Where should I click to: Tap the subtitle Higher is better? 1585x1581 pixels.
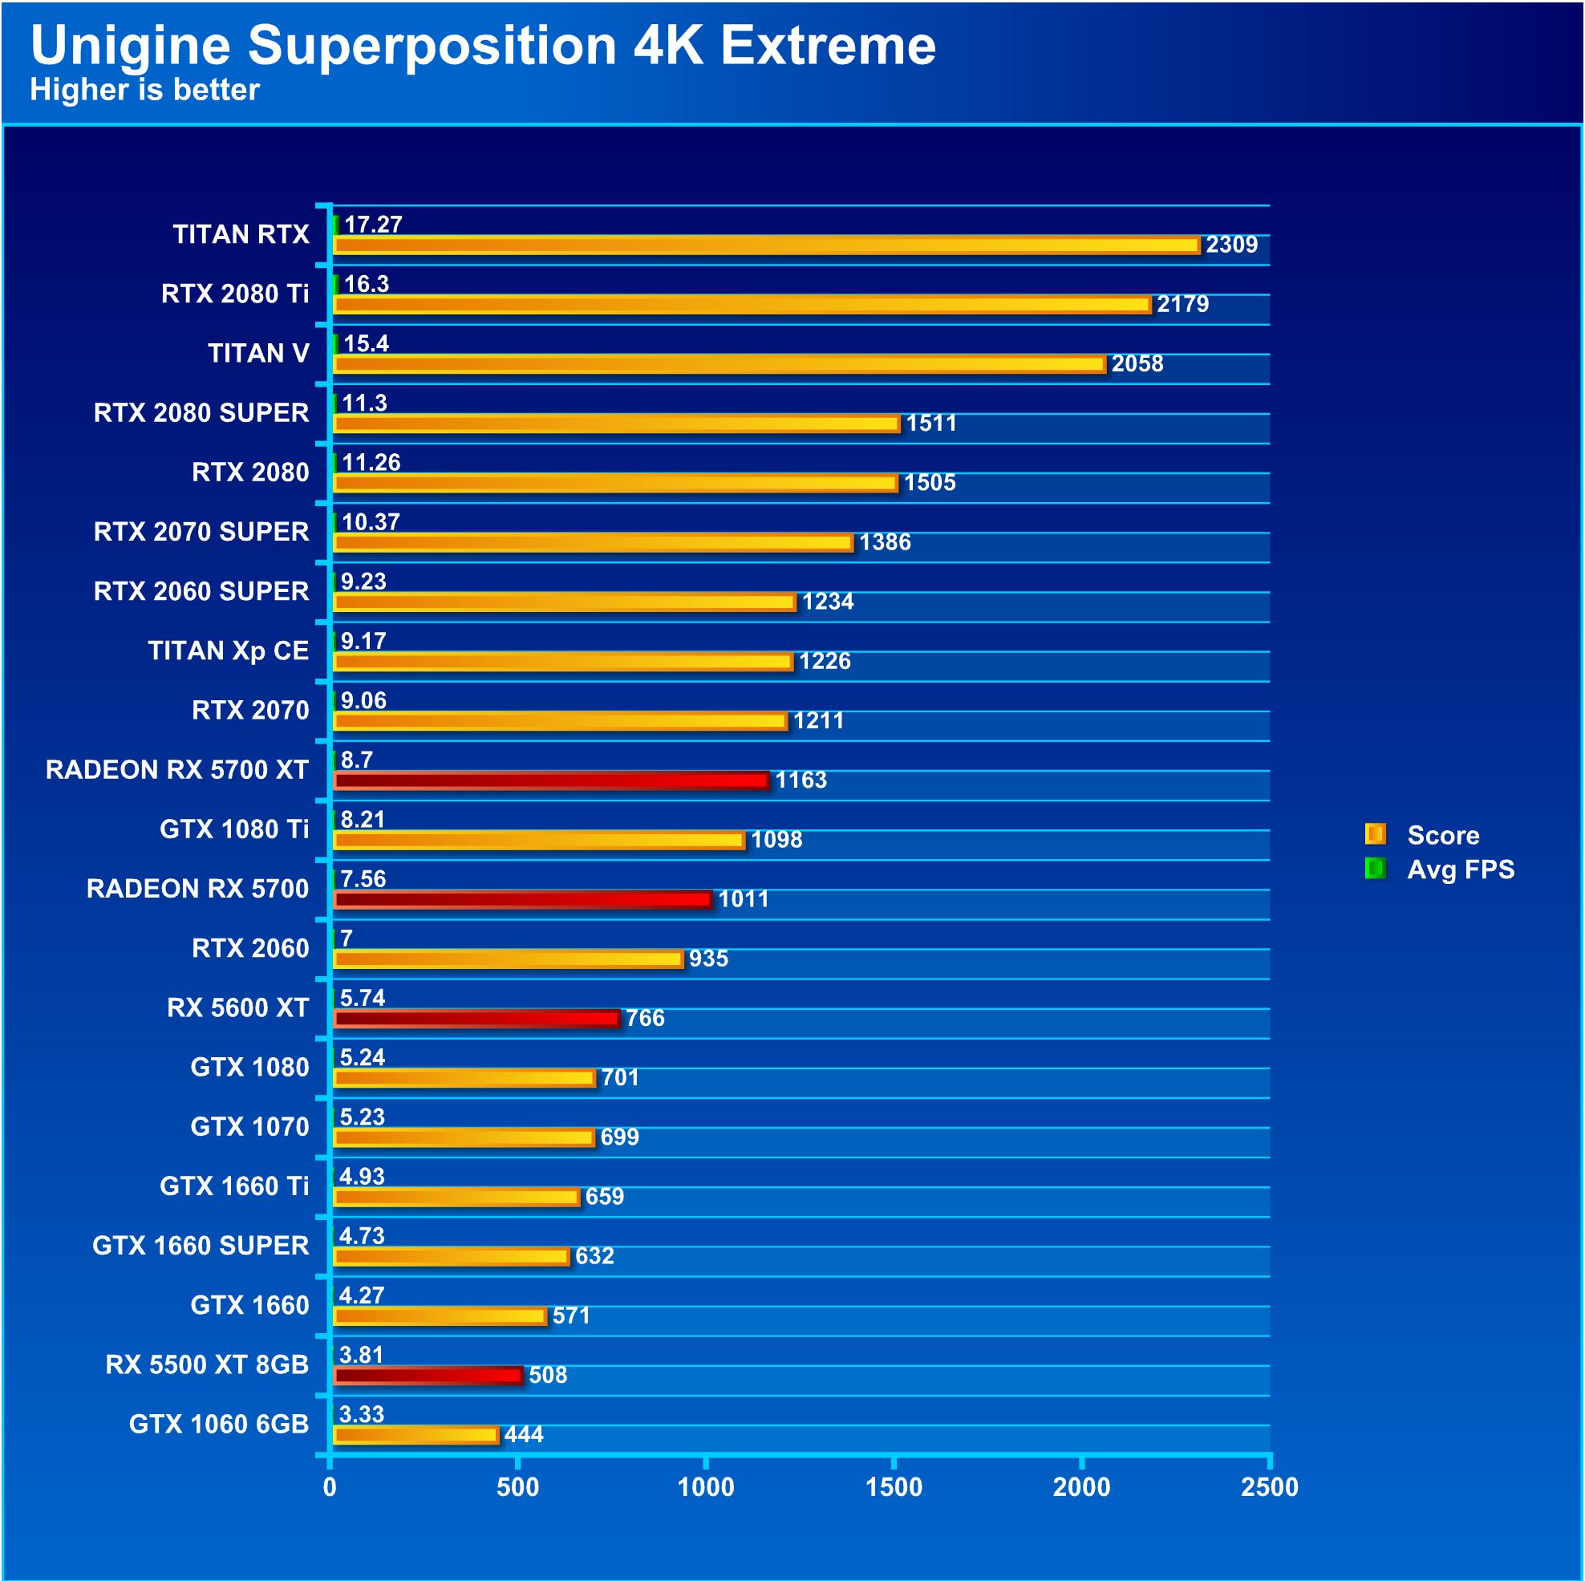144,89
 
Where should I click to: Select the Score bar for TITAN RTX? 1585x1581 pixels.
766,245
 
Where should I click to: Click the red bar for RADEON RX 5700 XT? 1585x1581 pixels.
550,780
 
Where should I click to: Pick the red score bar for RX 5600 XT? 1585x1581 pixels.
476,1018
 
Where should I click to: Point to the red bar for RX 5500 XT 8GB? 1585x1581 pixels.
428,1375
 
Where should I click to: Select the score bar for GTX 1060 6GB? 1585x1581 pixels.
416,1435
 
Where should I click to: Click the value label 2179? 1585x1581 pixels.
1182,304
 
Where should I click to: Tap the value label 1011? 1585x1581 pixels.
744,899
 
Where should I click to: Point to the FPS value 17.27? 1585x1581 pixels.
372,225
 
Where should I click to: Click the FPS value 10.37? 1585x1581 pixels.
370,522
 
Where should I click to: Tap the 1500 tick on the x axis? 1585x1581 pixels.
894,1486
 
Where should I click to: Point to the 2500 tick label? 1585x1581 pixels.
1269,1486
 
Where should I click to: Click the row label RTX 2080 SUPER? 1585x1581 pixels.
201,412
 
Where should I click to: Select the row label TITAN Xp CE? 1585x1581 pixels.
228,651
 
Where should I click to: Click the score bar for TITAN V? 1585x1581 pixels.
719,363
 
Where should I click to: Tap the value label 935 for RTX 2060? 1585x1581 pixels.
708,959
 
